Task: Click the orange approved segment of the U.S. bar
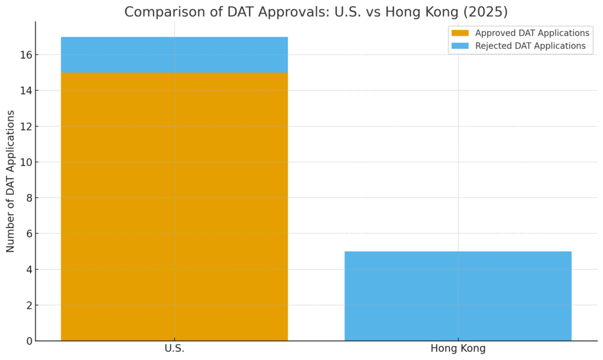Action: pyautogui.click(x=174, y=206)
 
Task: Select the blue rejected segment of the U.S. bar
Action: pyautogui.click(x=174, y=55)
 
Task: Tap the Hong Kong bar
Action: pyautogui.click(x=458, y=296)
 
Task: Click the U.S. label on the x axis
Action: pyautogui.click(x=174, y=349)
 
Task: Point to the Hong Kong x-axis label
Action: pyautogui.click(x=458, y=349)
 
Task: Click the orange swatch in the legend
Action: pyautogui.click(x=460, y=33)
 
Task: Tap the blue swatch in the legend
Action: pyautogui.click(x=460, y=46)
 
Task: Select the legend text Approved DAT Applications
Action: pyautogui.click(x=532, y=33)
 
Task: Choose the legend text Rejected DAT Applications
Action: pyautogui.click(x=530, y=46)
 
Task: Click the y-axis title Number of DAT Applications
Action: pyautogui.click(x=11, y=180)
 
